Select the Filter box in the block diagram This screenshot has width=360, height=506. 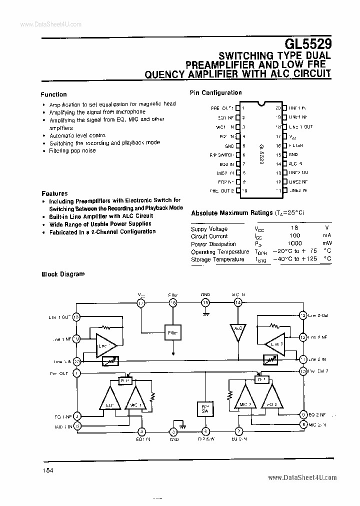pos(172,332)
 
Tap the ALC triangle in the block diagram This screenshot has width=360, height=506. pos(237,332)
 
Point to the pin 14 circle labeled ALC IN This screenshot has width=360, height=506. pos(237,302)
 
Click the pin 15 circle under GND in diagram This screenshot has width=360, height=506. pos(205,302)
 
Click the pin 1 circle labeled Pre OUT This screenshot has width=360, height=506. pos(76,373)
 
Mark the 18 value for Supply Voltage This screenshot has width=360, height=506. pos(294,228)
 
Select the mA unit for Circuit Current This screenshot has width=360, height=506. pos(326,236)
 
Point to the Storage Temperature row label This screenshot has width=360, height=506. pos(217,259)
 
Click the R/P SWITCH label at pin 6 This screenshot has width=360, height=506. pos(221,155)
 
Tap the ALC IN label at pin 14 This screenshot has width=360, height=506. pos(295,163)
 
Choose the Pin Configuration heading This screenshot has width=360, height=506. pos(215,92)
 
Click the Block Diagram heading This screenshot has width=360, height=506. pos(62,274)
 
